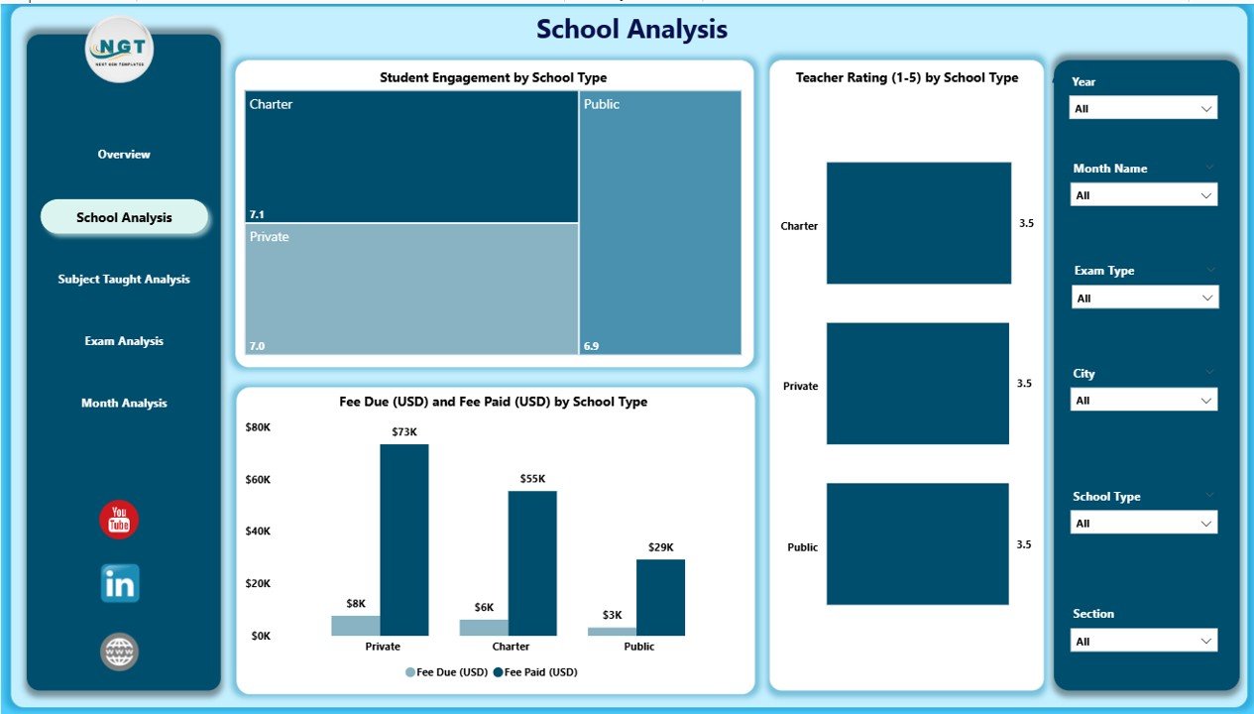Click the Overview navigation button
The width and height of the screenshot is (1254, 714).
(x=124, y=155)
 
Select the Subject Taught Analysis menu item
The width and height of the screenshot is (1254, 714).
(x=124, y=280)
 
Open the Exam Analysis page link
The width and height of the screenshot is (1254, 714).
(x=124, y=341)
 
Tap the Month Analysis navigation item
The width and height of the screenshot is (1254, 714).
(x=124, y=404)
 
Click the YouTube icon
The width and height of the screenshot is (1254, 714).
(x=119, y=521)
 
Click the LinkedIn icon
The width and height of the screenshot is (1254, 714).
(x=120, y=584)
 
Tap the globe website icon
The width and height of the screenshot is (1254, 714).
(x=120, y=652)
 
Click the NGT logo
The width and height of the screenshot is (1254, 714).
(x=119, y=49)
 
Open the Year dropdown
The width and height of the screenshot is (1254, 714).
(x=1143, y=108)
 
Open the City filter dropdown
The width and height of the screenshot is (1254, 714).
(x=1143, y=400)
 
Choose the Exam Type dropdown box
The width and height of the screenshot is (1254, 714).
(x=1143, y=297)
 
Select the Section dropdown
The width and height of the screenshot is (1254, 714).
(x=1143, y=641)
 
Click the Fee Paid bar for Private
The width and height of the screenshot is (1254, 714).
(x=404, y=539)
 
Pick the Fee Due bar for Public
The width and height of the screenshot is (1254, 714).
(x=612, y=631)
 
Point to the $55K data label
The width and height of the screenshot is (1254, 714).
(x=532, y=479)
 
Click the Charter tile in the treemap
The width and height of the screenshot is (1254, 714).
(x=411, y=157)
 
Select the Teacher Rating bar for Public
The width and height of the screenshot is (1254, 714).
(x=917, y=543)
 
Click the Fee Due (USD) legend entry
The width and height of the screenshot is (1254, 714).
(x=446, y=672)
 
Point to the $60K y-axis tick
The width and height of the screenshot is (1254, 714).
(x=258, y=480)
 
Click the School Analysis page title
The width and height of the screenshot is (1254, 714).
(x=631, y=30)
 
